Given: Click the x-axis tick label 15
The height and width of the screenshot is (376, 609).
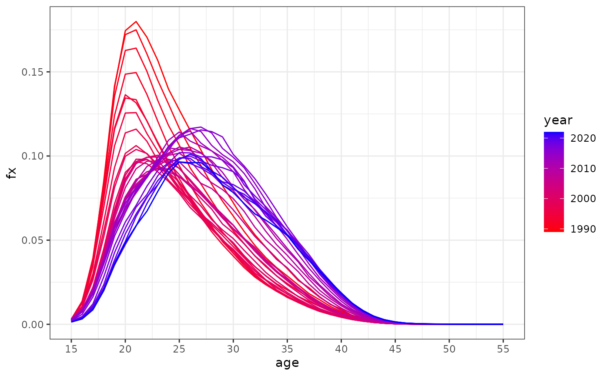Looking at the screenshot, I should [x=71, y=349].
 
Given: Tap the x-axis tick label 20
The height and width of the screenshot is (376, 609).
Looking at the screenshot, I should [x=125, y=349].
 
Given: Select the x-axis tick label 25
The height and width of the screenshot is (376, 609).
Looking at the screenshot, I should [x=179, y=349].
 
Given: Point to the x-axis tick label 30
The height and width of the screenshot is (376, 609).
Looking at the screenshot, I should [x=233, y=349].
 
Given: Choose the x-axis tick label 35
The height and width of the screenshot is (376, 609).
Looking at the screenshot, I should [x=287, y=349].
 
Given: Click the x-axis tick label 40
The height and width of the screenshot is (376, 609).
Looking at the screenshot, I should [x=341, y=349].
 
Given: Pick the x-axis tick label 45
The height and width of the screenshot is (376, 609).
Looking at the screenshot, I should [x=395, y=349].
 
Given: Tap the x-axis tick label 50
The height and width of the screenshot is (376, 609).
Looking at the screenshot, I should [x=449, y=349].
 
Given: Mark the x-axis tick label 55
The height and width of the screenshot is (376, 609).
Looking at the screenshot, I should [x=503, y=349].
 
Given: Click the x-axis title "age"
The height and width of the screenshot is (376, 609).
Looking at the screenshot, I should [x=287, y=363].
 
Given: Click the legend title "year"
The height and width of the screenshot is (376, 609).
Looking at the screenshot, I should [x=558, y=120].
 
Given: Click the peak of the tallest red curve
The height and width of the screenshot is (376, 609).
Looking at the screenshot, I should [x=136, y=21].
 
